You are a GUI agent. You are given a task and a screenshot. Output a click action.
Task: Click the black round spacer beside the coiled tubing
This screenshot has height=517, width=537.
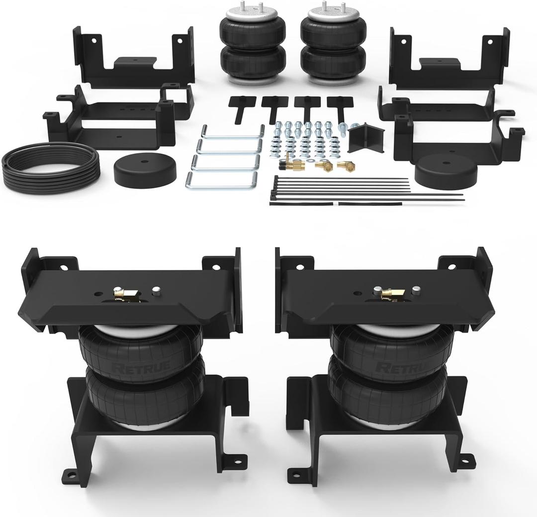146,170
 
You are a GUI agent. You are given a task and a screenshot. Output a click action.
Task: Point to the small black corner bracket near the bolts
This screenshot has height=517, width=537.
366,136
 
